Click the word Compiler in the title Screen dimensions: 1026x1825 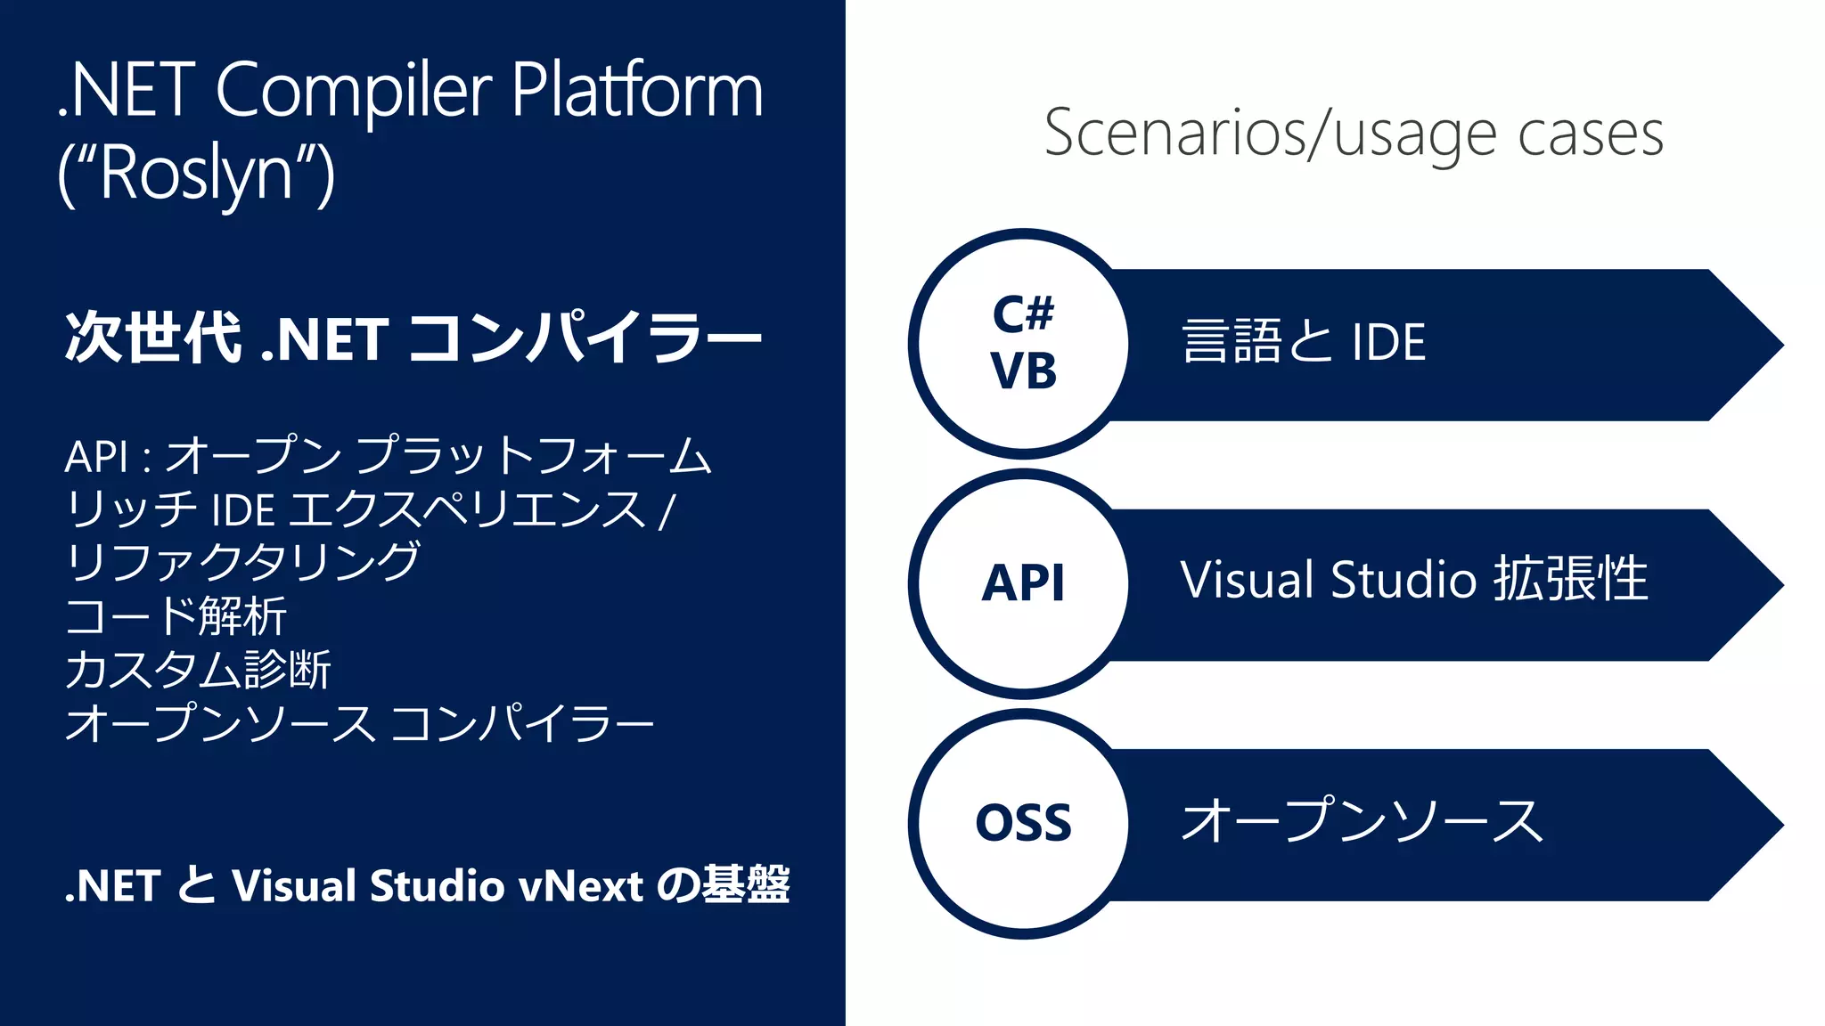click(353, 91)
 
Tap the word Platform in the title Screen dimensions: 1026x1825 click(637, 91)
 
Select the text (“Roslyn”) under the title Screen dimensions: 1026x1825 click(196, 174)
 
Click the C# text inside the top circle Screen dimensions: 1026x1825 click(1023, 314)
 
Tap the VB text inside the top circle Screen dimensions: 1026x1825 click(1023, 371)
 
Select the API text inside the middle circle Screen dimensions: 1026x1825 click(1023, 584)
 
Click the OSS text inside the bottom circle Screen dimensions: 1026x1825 click(1023, 823)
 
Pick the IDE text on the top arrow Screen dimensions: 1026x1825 click(1388, 342)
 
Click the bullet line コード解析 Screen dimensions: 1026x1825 click(176, 616)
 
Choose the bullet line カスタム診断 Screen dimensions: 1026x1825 click(198, 670)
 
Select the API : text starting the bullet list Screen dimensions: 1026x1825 click(107, 457)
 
